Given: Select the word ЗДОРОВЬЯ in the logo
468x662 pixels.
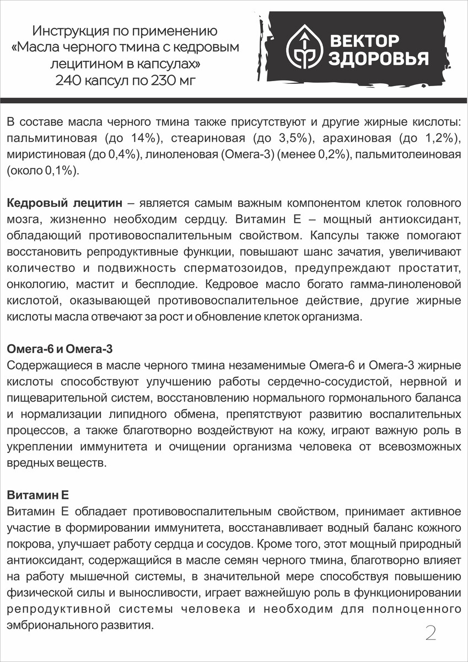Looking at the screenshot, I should click(379, 59).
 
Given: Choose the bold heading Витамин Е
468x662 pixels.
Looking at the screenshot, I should click(36, 495).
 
